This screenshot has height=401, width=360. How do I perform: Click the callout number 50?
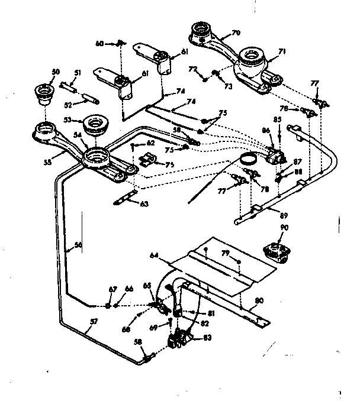tap(56, 72)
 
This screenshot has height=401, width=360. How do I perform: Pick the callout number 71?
tap(282, 52)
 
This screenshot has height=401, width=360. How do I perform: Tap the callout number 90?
tap(284, 228)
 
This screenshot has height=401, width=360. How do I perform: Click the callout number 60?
tap(99, 43)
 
